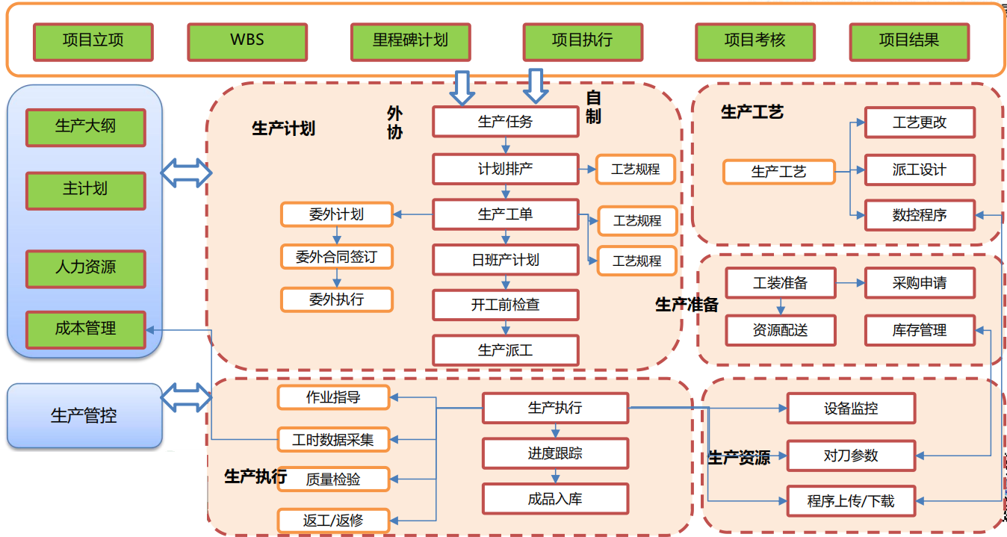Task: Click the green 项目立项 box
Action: click(x=93, y=42)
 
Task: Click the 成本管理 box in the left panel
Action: click(x=85, y=329)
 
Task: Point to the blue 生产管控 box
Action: click(x=84, y=416)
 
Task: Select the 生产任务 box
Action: click(x=505, y=122)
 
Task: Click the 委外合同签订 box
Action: click(x=336, y=257)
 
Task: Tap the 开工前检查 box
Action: click(x=505, y=305)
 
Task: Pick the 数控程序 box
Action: click(x=919, y=215)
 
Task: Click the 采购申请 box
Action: click(x=919, y=283)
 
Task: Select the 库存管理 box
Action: click(x=919, y=330)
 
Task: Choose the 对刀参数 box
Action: click(x=850, y=456)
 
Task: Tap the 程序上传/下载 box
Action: click(x=850, y=500)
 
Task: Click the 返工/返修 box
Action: click(x=333, y=520)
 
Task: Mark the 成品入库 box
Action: click(x=554, y=499)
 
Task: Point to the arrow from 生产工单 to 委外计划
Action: click(x=412, y=215)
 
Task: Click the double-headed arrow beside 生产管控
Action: click(x=187, y=397)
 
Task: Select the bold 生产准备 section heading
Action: click(x=687, y=305)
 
